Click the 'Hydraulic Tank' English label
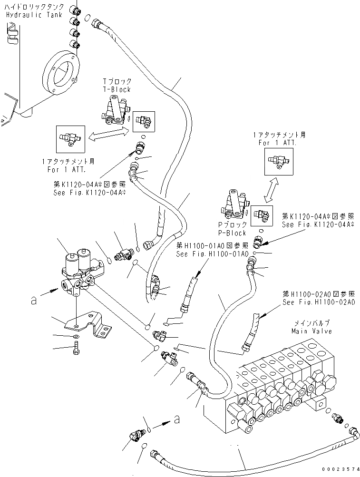[x=34, y=15]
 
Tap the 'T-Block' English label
[x=117, y=89]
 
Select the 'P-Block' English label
[x=232, y=233]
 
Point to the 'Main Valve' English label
[x=311, y=331]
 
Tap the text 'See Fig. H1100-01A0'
[x=212, y=253]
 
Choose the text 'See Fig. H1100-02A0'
[x=319, y=302]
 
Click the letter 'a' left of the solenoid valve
[x=33, y=301]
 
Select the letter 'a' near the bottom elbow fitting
[x=176, y=420]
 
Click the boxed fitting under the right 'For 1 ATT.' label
[x=279, y=161]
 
